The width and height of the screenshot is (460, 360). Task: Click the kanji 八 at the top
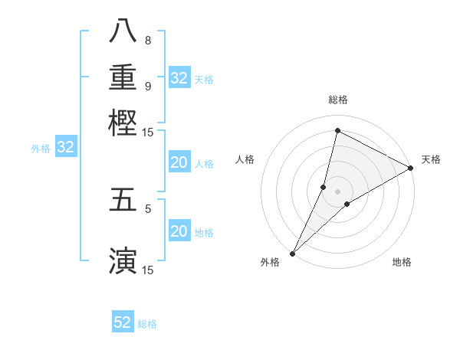pos(123,31)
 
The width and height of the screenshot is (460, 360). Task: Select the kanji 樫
pos(123,123)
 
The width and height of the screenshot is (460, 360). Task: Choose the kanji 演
pos(123,260)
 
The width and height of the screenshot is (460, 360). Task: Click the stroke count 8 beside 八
pos(147,40)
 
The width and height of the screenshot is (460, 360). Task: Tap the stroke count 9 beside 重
pos(147,86)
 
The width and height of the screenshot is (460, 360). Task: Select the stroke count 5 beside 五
pos(147,208)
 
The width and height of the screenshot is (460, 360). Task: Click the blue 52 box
pos(123,322)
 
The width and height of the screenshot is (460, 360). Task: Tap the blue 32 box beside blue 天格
pos(179,78)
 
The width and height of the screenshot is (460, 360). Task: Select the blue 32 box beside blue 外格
pos(66,148)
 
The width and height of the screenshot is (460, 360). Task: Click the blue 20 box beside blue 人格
pos(179,162)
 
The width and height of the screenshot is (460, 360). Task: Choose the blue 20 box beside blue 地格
pos(179,231)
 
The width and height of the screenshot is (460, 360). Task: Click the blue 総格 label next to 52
pos(147,324)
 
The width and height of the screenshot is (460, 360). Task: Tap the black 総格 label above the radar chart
pos(337,100)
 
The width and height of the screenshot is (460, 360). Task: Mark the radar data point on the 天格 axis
pos(411,169)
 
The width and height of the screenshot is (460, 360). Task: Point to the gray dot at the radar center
pos(337,191)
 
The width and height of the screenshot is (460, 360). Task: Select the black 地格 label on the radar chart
pos(402,262)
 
